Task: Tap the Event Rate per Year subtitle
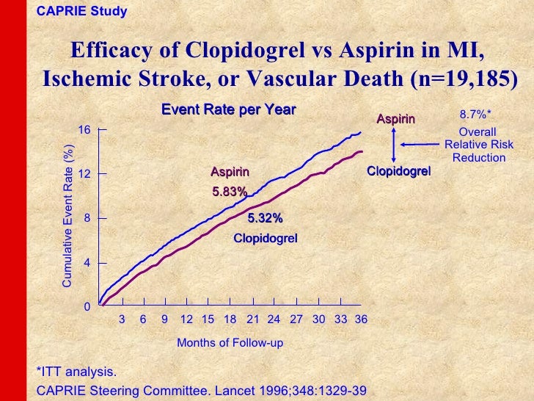(x=229, y=110)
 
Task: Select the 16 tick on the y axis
(x=84, y=130)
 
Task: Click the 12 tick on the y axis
(x=84, y=174)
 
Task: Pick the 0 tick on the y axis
(x=87, y=306)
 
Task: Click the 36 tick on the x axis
(x=360, y=320)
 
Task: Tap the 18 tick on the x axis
(x=230, y=320)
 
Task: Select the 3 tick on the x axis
(x=122, y=320)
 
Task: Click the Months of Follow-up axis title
(x=230, y=343)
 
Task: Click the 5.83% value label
(x=230, y=192)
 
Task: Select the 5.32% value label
(x=265, y=218)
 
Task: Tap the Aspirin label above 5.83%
(x=230, y=173)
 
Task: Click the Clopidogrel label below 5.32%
(x=265, y=239)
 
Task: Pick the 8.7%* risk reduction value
(x=475, y=115)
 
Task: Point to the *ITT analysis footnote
(x=76, y=372)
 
